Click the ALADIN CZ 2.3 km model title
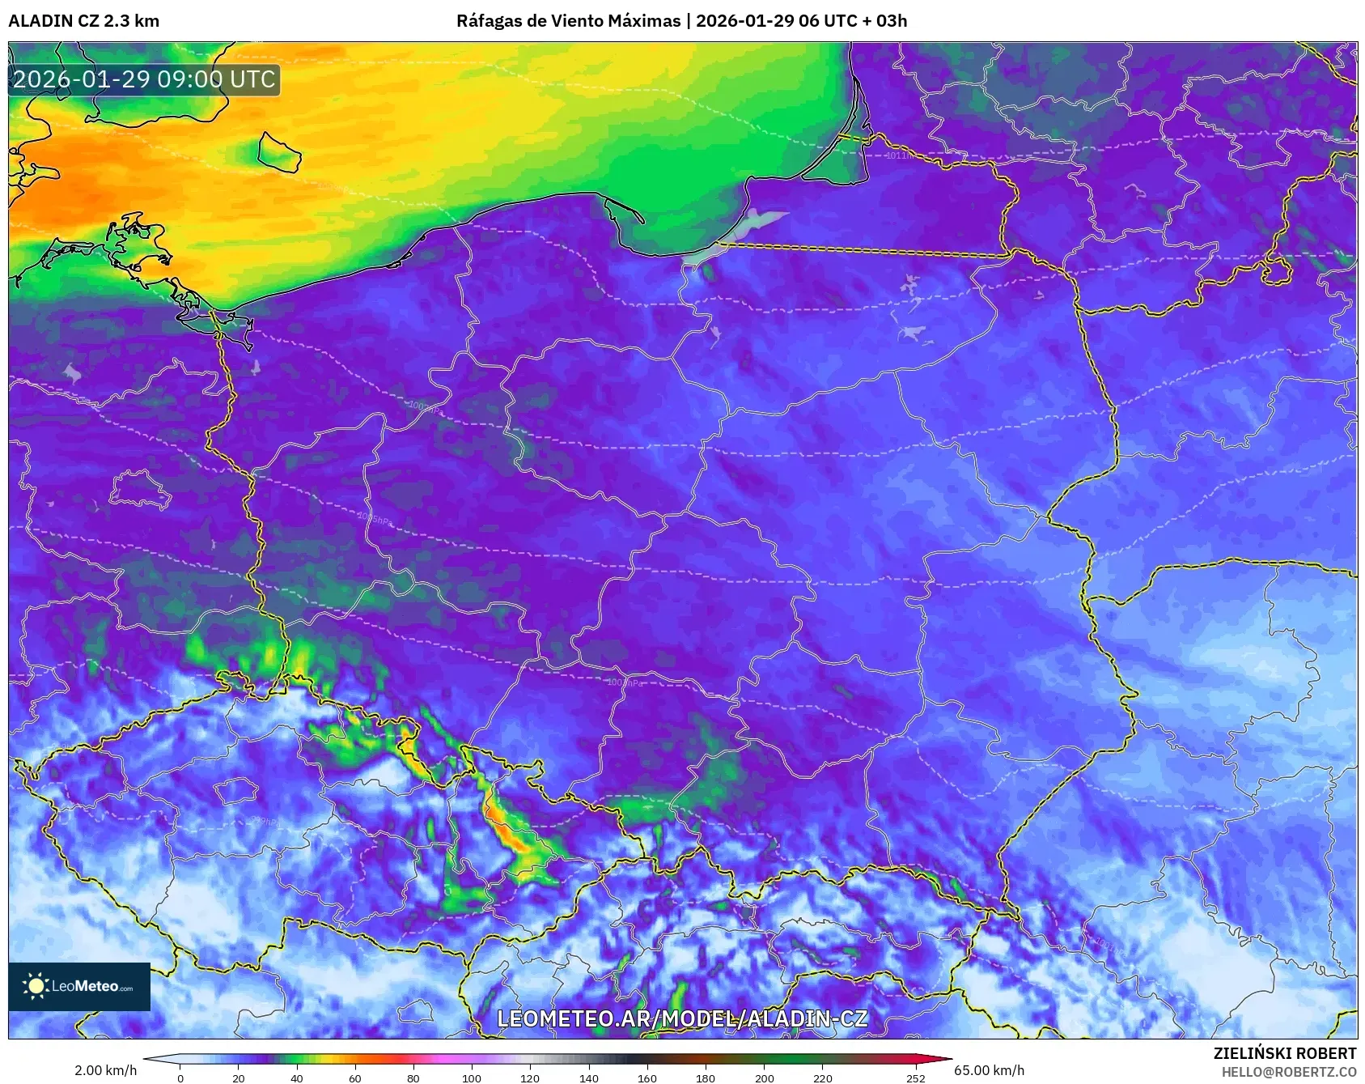point(84,21)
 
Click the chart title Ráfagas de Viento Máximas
point(568,21)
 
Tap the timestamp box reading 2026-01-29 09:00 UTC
point(144,79)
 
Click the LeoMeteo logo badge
point(79,986)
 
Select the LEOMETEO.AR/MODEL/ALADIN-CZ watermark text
point(682,1018)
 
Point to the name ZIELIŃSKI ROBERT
point(1284,1053)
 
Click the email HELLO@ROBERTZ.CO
point(1288,1072)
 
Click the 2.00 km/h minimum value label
point(105,1070)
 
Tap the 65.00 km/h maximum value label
point(989,1070)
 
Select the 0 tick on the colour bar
point(180,1078)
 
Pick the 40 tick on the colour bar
point(297,1078)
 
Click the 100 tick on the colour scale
point(472,1078)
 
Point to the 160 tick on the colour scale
point(646,1078)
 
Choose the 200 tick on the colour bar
point(764,1078)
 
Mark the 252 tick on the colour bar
point(915,1078)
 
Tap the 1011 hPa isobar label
point(897,155)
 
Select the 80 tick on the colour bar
point(413,1078)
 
